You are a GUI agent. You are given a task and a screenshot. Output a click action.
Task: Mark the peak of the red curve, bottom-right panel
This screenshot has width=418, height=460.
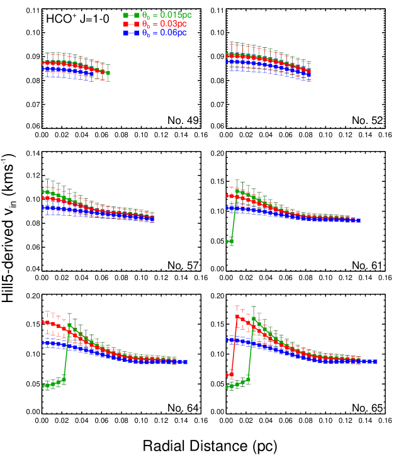237,317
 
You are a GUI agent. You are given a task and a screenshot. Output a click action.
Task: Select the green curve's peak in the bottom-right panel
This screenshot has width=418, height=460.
254,318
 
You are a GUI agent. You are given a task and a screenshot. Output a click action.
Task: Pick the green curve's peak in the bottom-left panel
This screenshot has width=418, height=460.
70,325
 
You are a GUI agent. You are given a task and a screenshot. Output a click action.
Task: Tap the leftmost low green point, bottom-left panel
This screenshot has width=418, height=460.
43,386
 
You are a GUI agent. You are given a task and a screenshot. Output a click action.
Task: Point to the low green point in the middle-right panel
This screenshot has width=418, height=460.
230,242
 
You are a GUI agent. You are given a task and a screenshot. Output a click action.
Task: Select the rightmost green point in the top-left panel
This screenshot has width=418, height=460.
108,73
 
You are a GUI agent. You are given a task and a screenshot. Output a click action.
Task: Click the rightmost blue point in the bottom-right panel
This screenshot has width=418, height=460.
375,361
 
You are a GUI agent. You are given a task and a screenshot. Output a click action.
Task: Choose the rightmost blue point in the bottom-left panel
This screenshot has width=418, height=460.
185,362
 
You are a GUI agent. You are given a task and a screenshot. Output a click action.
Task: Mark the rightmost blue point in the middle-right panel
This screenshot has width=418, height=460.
358,220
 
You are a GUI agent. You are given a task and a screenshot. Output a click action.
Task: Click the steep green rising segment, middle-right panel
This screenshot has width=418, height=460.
234,217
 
